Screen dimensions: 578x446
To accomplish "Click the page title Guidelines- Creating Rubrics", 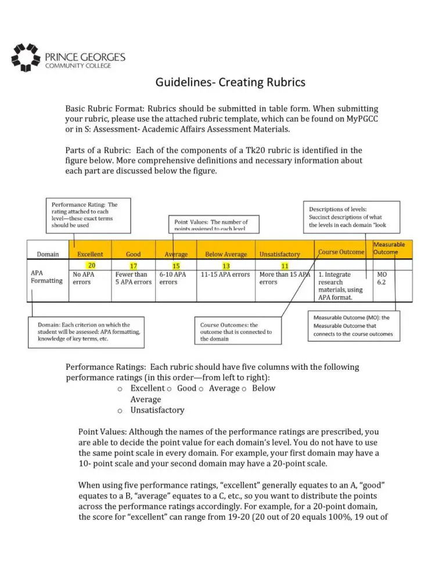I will [230, 83].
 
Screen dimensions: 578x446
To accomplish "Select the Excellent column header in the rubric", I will [90, 254].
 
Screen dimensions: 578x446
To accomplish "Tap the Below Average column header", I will [226, 254].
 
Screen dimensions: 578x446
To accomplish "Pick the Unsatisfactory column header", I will [279, 254].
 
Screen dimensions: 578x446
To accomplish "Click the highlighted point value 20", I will [92, 265].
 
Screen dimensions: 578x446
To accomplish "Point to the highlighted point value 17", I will [133, 265].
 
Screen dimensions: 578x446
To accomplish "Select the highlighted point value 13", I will [226, 265].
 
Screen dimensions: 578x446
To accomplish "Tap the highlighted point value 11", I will [285, 265].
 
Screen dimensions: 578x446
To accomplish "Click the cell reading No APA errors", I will [84, 278].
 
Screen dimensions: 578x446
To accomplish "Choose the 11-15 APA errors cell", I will [225, 274].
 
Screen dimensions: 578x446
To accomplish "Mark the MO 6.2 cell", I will [382, 278].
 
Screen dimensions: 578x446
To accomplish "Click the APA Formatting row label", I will [46, 277].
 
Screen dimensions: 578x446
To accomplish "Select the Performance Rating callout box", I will [89, 215].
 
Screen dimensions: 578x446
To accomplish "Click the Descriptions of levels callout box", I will [351, 216].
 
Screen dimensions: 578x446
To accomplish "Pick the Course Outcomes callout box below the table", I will [236, 332].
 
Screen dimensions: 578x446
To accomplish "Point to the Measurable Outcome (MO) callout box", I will [353, 326].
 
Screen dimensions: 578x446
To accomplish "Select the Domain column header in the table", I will [48, 254].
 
